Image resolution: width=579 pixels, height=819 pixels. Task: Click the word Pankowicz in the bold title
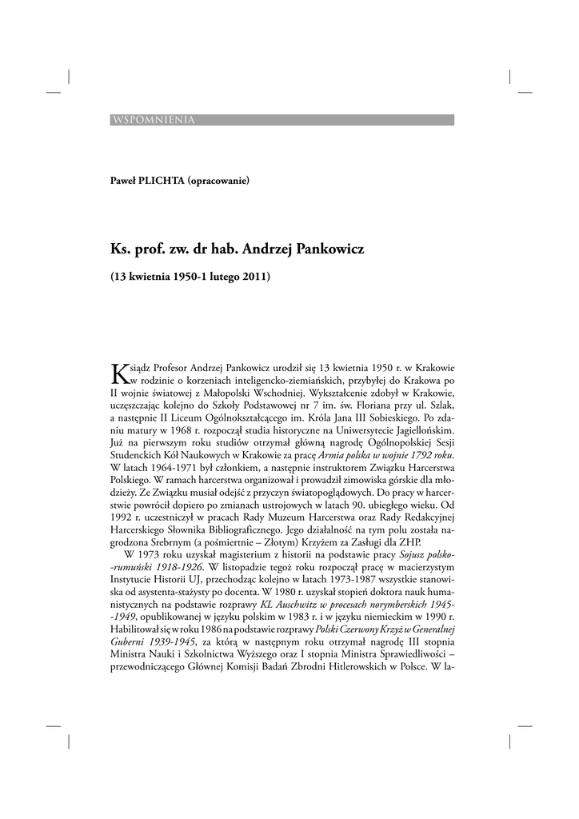[329, 249]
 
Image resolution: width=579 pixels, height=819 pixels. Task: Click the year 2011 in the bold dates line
[257, 278]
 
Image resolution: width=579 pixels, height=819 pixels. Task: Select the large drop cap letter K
[118, 373]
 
